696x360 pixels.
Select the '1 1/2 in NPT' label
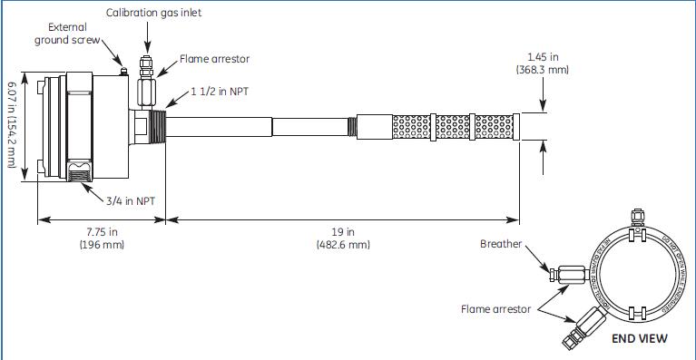[x=221, y=92]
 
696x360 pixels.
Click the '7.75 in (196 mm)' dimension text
[x=100, y=238]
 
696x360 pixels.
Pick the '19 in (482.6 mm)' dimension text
[x=342, y=238]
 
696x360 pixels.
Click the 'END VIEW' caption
[x=640, y=338]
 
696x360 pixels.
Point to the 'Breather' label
[x=502, y=243]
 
